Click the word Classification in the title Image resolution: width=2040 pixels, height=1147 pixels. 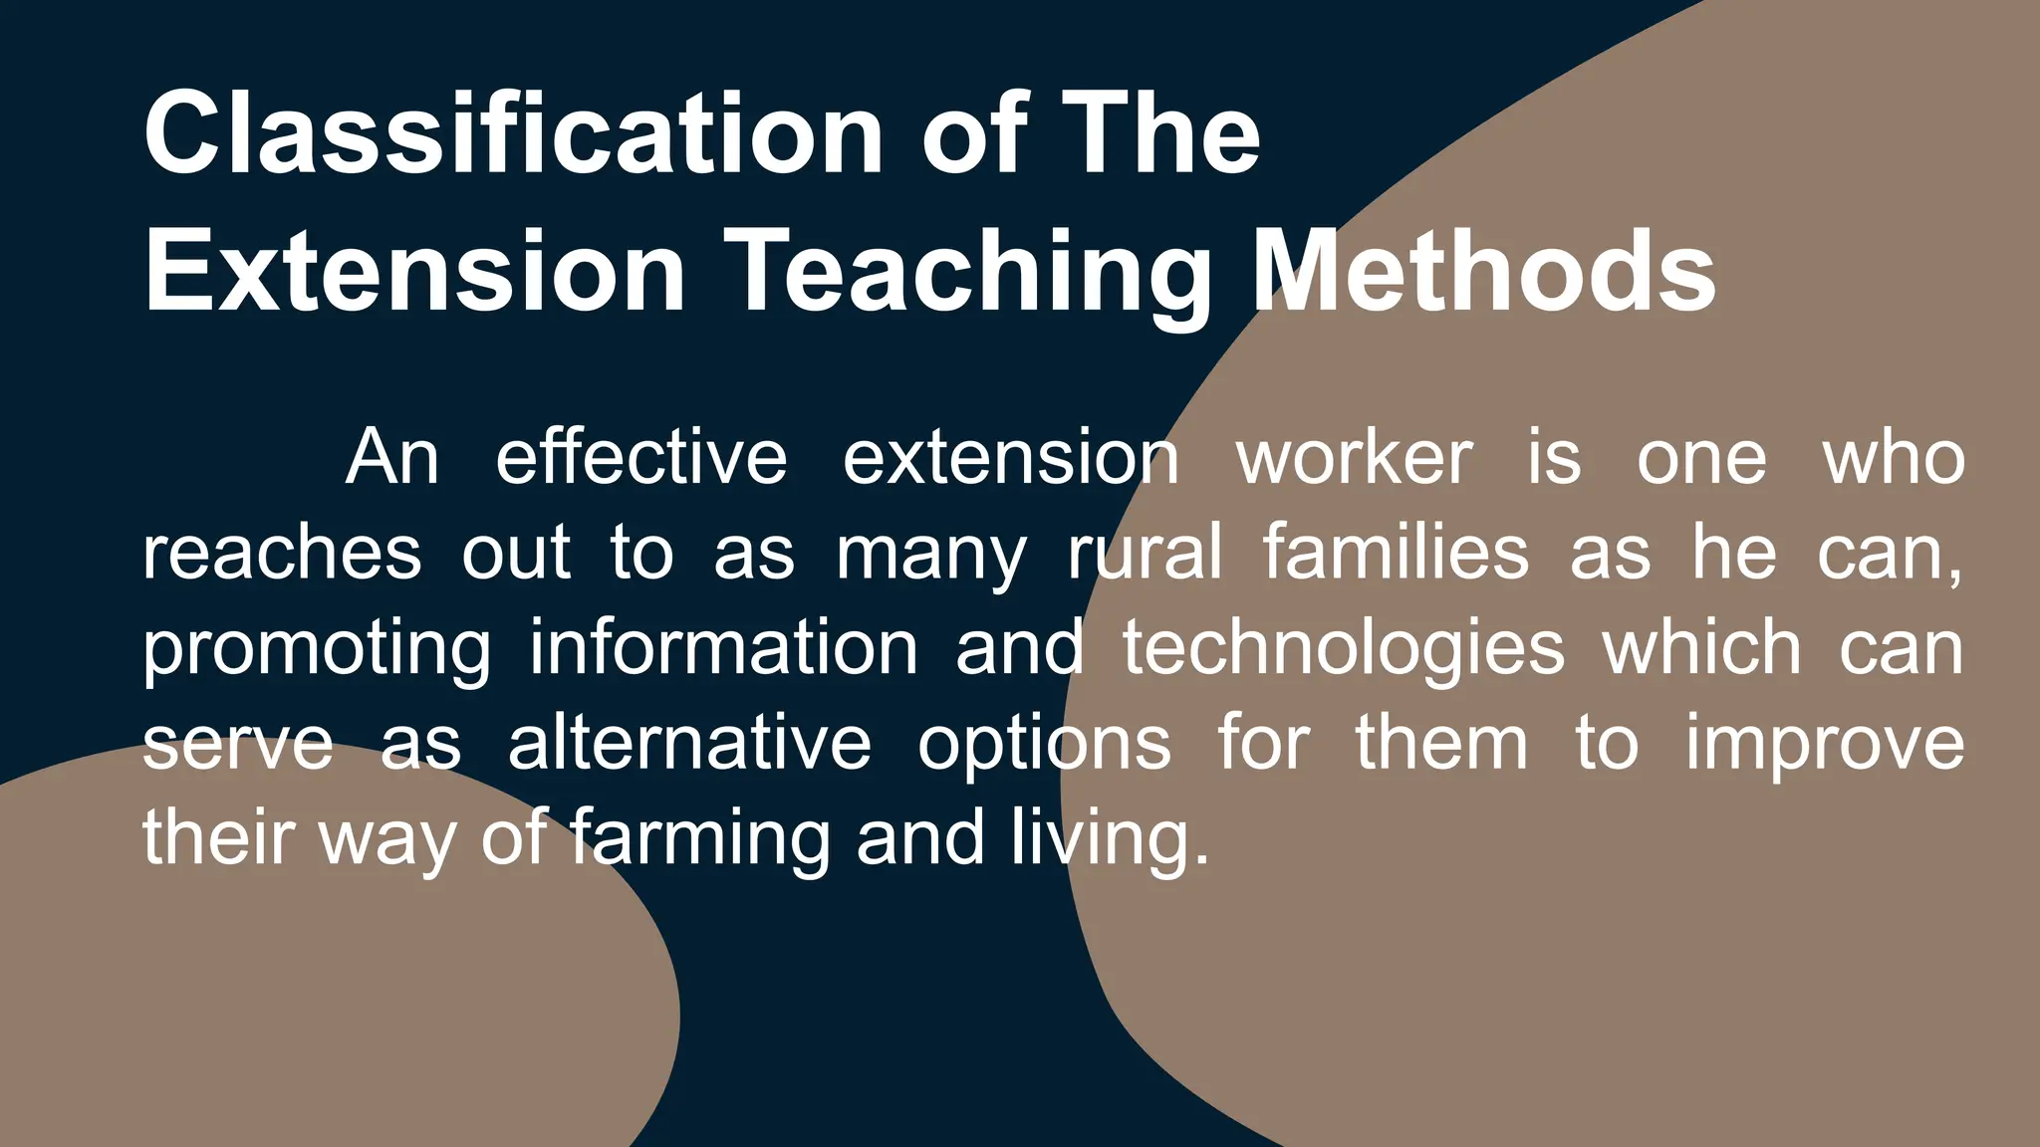[x=513, y=134]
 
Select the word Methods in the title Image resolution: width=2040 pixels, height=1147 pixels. [x=1483, y=272]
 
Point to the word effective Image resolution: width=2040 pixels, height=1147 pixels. [x=641, y=458]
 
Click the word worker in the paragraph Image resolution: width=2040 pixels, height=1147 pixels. [x=1354, y=458]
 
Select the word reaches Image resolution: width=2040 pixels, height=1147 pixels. [x=282, y=553]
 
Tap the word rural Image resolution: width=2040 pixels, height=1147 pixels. [x=1145, y=553]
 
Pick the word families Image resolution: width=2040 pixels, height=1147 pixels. [x=1396, y=553]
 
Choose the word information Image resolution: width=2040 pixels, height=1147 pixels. [x=723, y=647]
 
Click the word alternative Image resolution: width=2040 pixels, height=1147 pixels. [x=689, y=743]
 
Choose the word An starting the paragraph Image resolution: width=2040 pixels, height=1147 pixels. [x=392, y=458]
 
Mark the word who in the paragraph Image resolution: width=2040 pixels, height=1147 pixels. [x=1894, y=458]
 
